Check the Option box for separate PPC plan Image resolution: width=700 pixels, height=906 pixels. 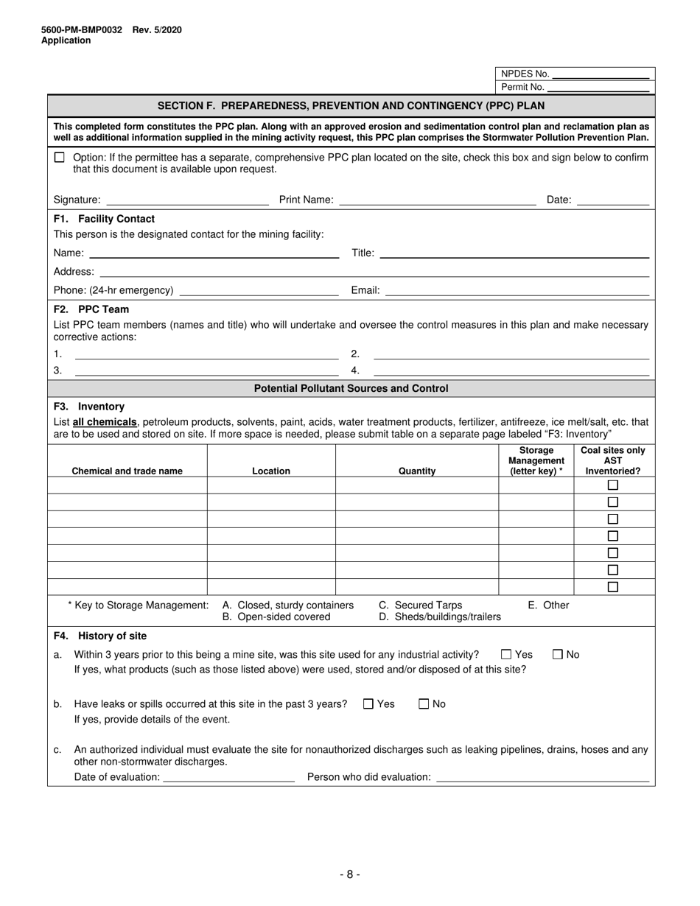[60, 158]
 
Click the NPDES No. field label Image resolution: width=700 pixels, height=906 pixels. [525, 74]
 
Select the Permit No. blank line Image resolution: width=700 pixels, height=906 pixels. [598, 88]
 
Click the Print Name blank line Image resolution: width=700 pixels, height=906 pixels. [438, 200]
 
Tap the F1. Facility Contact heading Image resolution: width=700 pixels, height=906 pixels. [104, 219]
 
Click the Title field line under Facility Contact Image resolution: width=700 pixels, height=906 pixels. [514, 254]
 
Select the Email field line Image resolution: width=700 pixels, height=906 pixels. [517, 291]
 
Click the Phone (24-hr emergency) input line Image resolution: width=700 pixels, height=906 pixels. [259, 291]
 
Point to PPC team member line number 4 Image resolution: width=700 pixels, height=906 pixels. [511, 371]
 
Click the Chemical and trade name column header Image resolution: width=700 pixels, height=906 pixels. [127, 471]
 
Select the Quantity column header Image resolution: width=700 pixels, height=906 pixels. [417, 471]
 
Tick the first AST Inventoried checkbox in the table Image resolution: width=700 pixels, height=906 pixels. [612, 485]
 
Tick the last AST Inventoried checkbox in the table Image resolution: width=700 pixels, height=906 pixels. [612, 587]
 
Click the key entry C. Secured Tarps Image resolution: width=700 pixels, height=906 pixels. [421, 605]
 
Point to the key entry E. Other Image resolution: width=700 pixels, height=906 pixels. [548, 605]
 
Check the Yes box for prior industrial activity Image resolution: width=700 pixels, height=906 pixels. [506, 654]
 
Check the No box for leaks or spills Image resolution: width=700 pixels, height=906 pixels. [424, 703]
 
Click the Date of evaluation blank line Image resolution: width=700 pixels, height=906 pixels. [228, 778]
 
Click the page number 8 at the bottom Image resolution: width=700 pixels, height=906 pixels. [350, 874]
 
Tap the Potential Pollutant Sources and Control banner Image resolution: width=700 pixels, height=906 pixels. [351, 388]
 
